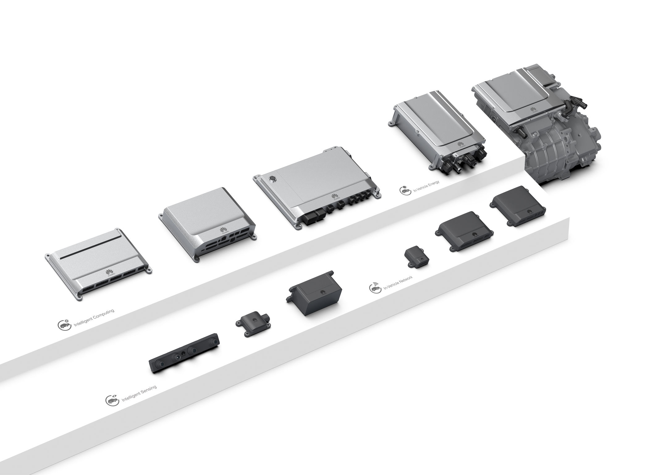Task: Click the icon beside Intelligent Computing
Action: tap(62, 325)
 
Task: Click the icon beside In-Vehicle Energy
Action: tap(404, 190)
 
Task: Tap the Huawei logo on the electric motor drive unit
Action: tap(534, 109)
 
